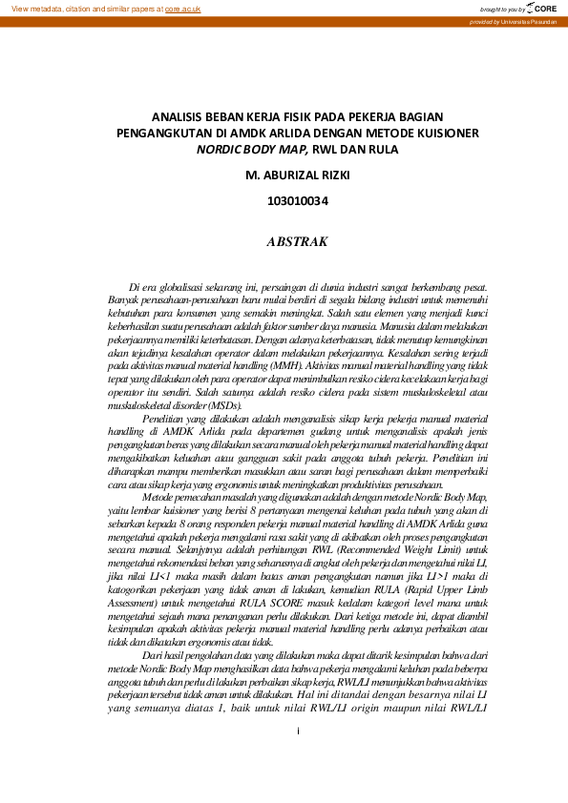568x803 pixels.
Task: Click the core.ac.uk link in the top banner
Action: click(x=182, y=8)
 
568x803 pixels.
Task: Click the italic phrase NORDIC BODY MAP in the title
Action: click(x=251, y=150)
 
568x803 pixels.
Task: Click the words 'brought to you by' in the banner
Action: click(x=504, y=9)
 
